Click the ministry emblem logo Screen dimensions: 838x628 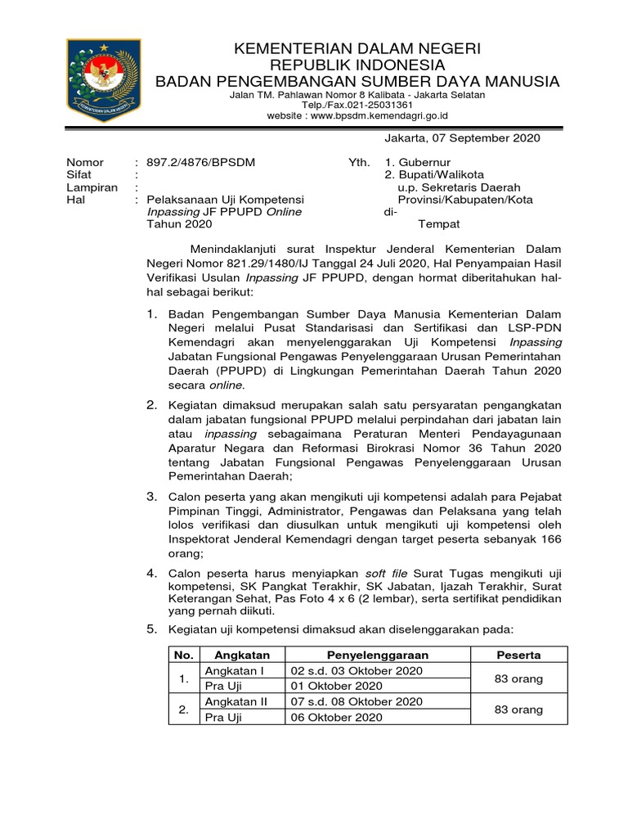[104, 81]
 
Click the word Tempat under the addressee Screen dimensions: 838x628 [439, 223]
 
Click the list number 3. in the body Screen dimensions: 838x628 [152, 497]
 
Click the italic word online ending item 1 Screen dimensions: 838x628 [227, 385]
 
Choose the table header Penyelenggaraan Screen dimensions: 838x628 [377, 655]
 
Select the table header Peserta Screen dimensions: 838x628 [518, 655]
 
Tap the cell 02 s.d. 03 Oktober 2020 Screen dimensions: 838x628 [357, 670]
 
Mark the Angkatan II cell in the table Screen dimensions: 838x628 [236, 701]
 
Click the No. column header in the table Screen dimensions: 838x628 [184, 655]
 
